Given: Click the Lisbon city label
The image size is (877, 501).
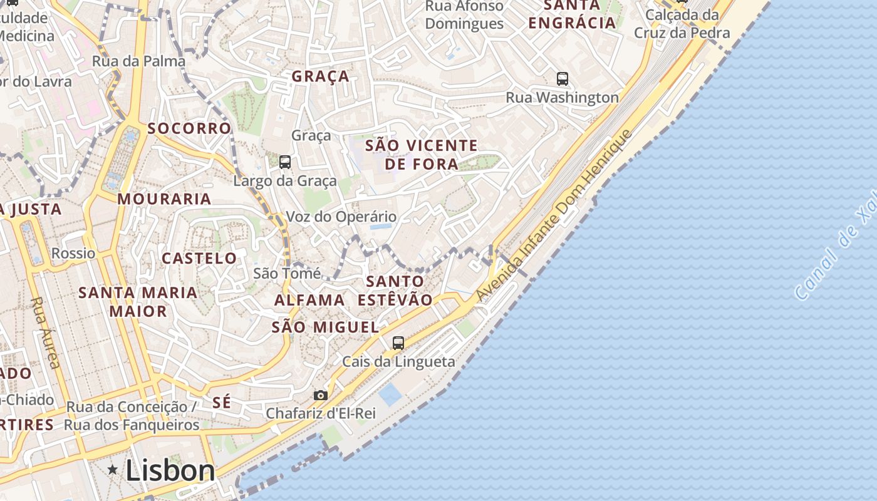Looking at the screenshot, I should pos(170,470).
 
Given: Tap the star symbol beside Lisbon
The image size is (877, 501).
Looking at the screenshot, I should pos(113,469).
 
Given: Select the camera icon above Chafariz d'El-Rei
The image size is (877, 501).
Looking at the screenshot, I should pos(320,395).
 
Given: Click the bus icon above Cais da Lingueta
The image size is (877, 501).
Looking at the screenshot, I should pos(398,343).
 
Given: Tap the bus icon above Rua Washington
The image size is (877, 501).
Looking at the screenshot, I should pos(563,79).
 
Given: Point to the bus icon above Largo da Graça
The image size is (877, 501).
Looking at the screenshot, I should pos(285,162).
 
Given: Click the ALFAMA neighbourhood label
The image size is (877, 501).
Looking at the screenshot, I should pos(309,300).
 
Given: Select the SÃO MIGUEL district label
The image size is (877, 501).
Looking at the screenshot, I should pos(325,327).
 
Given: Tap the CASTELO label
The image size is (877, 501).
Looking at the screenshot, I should pos(199,258).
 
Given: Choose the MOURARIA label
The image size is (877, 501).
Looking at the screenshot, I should pos(164,199).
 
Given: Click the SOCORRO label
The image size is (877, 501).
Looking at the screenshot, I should pos(189,128).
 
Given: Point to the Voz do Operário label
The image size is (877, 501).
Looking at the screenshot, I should pos(341,217).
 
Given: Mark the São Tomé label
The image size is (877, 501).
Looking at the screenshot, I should pos(287,273).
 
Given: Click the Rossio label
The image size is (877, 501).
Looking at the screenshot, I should pos(73,253).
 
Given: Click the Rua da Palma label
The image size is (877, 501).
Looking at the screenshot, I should pos(138,61).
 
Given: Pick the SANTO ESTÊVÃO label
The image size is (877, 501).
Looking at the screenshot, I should pos(395,291).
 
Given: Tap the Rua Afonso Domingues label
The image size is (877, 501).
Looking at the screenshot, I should pos(464,15).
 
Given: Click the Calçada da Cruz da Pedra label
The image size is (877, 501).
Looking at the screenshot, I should pos(682,23).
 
